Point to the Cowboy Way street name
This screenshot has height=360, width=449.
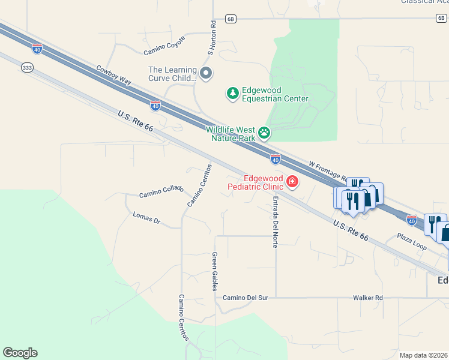(x=114, y=76)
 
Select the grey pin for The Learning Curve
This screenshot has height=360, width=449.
(x=206, y=74)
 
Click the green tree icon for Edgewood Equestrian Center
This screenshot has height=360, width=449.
(x=232, y=93)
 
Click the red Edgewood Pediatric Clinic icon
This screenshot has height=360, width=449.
(x=292, y=181)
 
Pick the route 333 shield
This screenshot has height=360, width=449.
(x=26, y=68)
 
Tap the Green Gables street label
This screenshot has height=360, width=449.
(x=214, y=271)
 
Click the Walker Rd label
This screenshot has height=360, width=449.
(x=368, y=298)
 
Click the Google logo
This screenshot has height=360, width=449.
(x=20, y=353)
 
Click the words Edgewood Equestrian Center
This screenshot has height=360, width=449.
(x=275, y=94)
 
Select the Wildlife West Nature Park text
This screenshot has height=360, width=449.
(x=231, y=133)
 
